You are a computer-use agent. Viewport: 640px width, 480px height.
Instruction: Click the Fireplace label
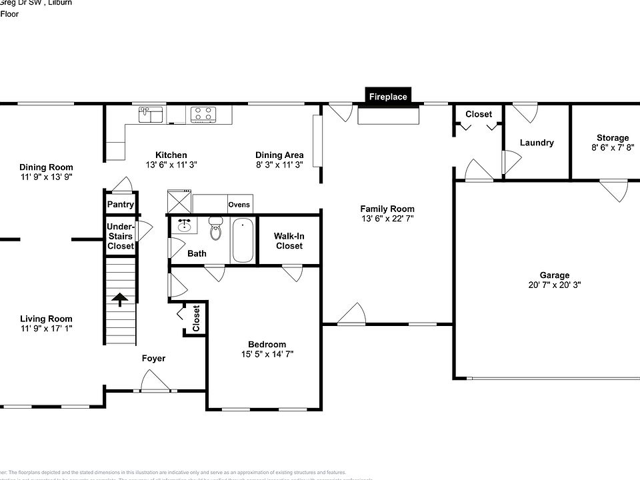point(388,97)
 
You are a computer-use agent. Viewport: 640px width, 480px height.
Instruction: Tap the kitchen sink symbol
point(152,115)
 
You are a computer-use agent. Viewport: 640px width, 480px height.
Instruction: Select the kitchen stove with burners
point(203,115)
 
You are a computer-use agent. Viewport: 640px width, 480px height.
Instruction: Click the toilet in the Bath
point(215,229)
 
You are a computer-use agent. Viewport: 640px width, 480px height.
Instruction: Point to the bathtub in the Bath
point(243,240)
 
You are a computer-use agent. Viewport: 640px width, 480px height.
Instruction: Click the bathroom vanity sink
point(183,227)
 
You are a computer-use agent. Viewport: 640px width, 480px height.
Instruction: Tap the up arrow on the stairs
point(120,299)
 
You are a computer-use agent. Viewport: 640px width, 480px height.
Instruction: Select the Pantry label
point(121,205)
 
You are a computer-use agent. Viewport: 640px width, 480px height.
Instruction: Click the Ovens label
point(239,205)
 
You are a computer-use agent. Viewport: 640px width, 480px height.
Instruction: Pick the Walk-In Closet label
point(288,241)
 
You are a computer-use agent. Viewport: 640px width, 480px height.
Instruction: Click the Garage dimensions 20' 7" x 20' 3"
point(555,285)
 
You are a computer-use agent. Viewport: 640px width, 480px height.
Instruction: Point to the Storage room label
point(612,138)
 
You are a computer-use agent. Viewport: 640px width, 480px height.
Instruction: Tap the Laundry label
point(537,143)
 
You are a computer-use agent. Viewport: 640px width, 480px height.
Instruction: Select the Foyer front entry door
point(155,383)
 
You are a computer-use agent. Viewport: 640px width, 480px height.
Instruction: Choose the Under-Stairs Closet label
point(121,236)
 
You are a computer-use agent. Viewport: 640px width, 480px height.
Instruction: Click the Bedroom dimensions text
point(267,354)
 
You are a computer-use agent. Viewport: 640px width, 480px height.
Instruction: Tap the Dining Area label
point(279,155)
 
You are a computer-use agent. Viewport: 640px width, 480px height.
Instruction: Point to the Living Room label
point(46,319)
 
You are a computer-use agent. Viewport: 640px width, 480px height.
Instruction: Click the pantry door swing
point(121,185)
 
